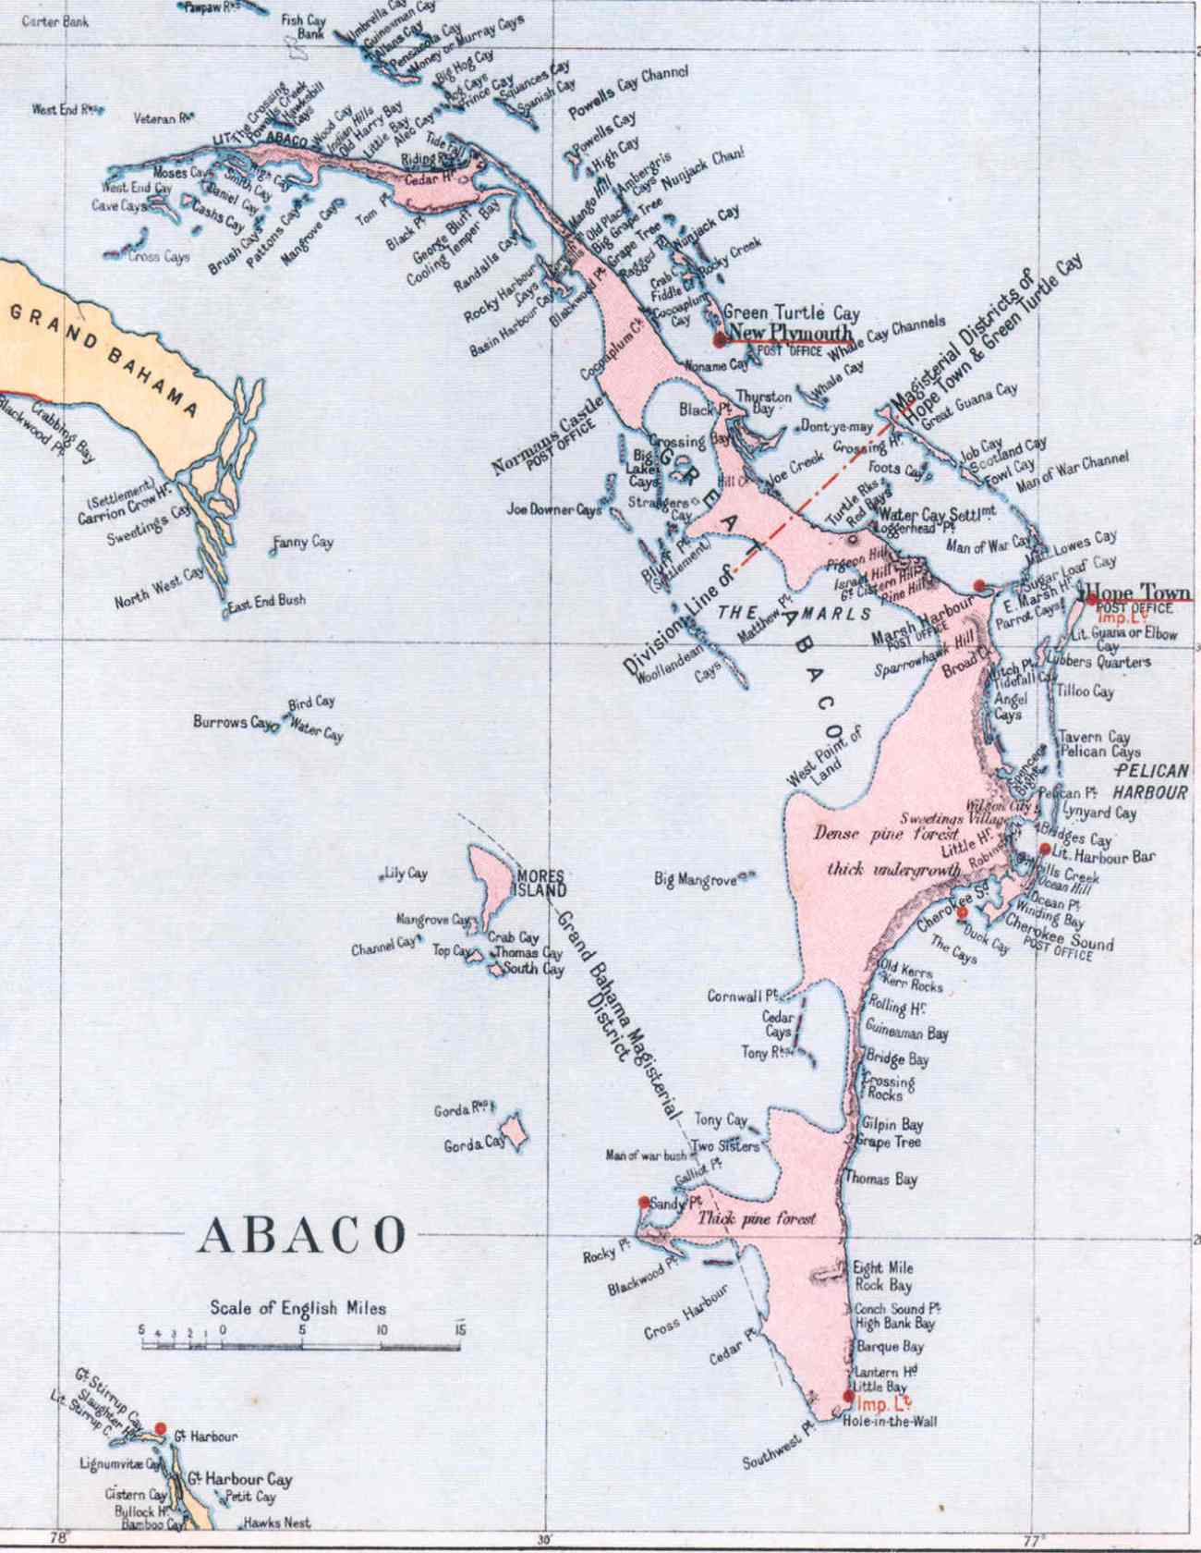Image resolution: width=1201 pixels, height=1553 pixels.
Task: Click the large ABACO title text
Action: pyautogui.click(x=302, y=1235)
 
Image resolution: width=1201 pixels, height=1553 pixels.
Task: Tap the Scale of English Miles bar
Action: pyautogui.click(x=301, y=1345)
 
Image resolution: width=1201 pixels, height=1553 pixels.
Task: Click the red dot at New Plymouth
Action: pyautogui.click(x=720, y=340)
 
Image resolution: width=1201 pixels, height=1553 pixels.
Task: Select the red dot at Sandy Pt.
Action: pyautogui.click(x=644, y=1202)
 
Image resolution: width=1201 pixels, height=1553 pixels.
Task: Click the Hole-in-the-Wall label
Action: pyautogui.click(x=889, y=1421)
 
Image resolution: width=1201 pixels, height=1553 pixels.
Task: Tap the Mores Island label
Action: pyautogui.click(x=541, y=883)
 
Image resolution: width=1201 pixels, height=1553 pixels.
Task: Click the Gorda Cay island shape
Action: pyautogui.click(x=513, y=1131)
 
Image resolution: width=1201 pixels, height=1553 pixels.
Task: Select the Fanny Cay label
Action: pyautogui.click(x=304, y=542)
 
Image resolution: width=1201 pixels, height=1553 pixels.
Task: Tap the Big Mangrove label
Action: pyautogui.click(x=695, y=879)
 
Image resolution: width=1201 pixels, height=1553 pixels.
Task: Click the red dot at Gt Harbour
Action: pyautogui.click(x=160, y=1429)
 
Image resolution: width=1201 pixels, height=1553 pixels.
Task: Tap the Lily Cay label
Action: pyautogui.click(x=406, y=874)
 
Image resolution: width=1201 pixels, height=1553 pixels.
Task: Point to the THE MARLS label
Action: pyautogui.click(x=794, y=613)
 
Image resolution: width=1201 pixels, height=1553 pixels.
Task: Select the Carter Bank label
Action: pyautogui.click(x=55, y=21)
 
